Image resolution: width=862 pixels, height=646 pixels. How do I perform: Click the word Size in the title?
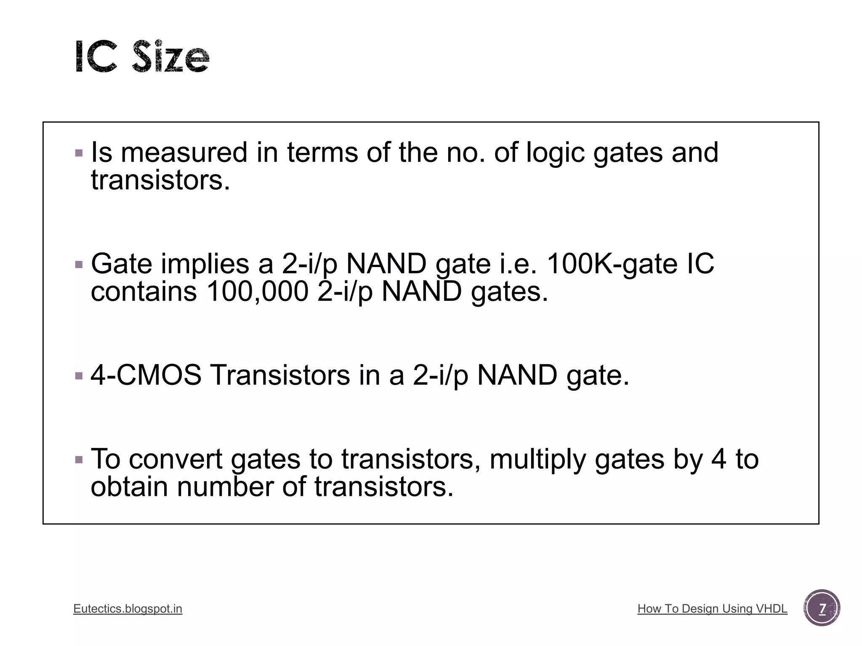point(170,57)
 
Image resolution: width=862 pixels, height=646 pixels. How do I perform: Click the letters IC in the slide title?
point(96,57)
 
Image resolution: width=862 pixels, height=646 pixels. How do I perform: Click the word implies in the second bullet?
point(205,264)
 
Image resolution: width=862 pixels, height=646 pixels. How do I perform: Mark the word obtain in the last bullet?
point(130,487)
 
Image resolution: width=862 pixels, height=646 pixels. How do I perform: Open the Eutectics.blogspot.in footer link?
point(128,609)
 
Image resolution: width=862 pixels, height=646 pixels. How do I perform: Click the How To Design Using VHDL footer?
point(712,609)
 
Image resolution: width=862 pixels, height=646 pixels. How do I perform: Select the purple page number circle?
point(822,608)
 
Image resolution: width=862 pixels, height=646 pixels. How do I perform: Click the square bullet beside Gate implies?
point(79,265)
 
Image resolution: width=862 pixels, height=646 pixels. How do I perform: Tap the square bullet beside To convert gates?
point(79,459)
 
